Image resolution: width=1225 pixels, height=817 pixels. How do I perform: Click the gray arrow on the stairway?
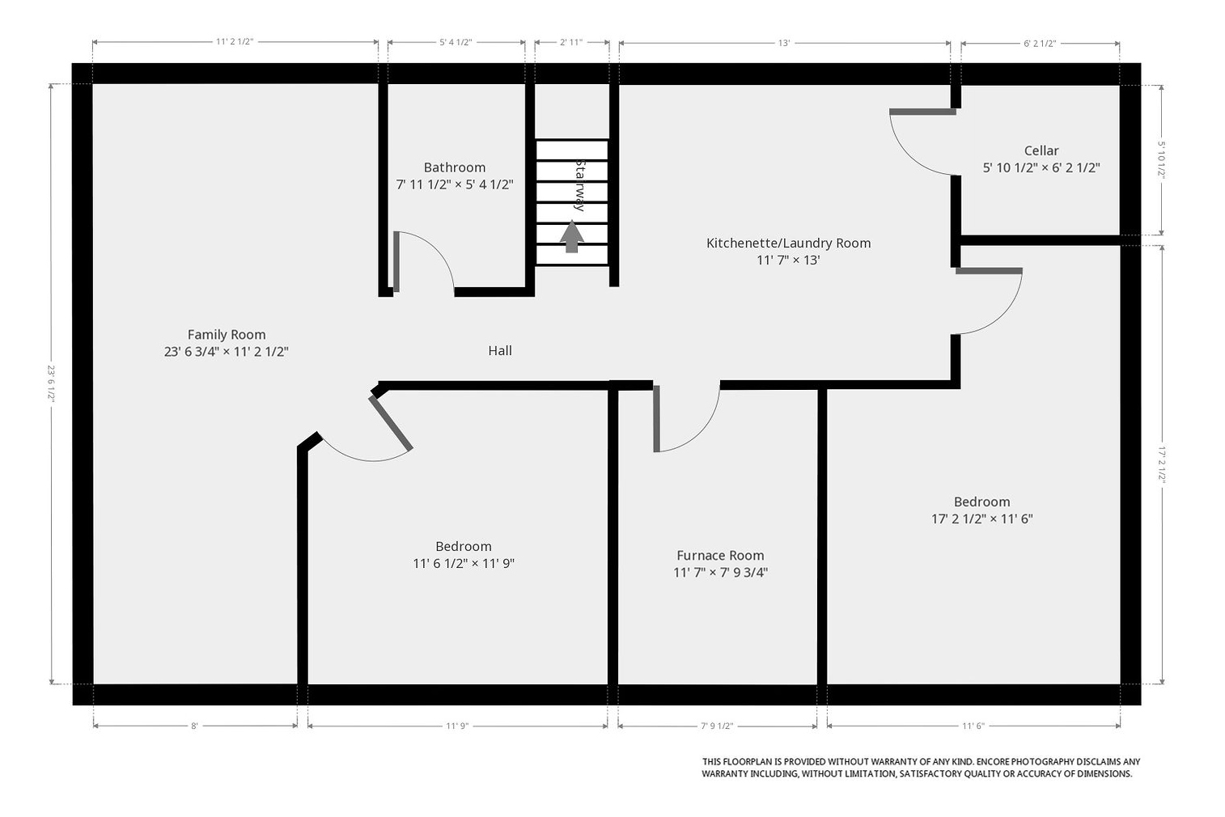coord(571,236)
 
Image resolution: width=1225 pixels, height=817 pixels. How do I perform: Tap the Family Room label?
coord(227,334)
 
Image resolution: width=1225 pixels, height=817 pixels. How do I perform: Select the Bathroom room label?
coord(455,167)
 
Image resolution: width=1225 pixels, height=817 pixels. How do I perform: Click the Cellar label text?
coord(1041,150)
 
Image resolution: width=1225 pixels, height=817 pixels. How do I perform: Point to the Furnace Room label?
coord(720,555)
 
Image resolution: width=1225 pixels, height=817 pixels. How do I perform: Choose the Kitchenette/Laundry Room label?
coord(789,243)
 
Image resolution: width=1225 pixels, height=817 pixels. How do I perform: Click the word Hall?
coord(500,350)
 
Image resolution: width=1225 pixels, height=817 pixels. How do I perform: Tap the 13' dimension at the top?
coord(784,43)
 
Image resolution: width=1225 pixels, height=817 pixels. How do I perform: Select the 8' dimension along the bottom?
coord(194,726)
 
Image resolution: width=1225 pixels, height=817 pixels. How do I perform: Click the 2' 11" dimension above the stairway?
coord(571,42)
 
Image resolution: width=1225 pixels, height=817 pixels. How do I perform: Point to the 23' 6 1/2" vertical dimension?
coord(52,384)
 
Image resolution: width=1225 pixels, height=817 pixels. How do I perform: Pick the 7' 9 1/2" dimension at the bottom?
coord(717,726)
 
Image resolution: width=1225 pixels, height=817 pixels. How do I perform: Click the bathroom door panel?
coord(396,261)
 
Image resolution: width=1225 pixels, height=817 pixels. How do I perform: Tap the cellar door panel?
coord(922,112)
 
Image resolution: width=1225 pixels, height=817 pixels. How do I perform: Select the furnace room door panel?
coord(656,419)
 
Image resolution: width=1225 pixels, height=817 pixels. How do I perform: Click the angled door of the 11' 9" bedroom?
coord(391,423)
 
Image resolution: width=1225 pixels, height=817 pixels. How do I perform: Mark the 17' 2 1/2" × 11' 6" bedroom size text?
coord(982,519)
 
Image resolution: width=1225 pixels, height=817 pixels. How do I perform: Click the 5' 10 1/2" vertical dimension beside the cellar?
coord(1162,159)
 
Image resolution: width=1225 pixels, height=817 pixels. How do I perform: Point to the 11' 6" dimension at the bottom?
coord(973,726)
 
